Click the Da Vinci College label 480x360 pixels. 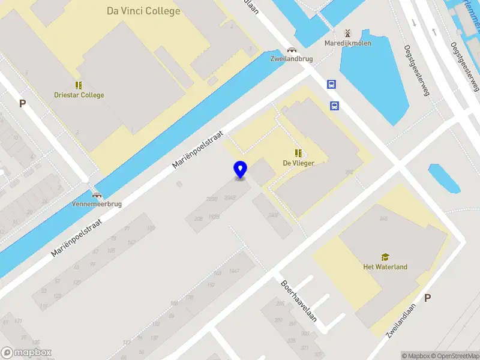tap(143, 11)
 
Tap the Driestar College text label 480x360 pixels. tap(79, 95)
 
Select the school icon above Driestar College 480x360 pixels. tap(79, 85)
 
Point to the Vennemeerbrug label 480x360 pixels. tap(97, 204)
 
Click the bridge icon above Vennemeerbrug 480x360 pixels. tap(97, 194)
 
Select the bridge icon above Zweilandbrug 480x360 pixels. tap(292, 50)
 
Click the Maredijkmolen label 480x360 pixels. tap(348, 43)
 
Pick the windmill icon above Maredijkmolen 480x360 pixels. tap(347, 32)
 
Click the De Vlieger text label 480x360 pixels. tap(299, 163)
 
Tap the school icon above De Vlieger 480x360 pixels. tap(298, 153)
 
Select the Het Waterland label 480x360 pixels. tap(385, 267)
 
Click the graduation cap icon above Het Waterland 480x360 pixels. tap(385, 257)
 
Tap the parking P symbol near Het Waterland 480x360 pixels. tap(427, 298)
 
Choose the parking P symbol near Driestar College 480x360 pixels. tap(23, 103)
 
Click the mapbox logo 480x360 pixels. tap(26, 353)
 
